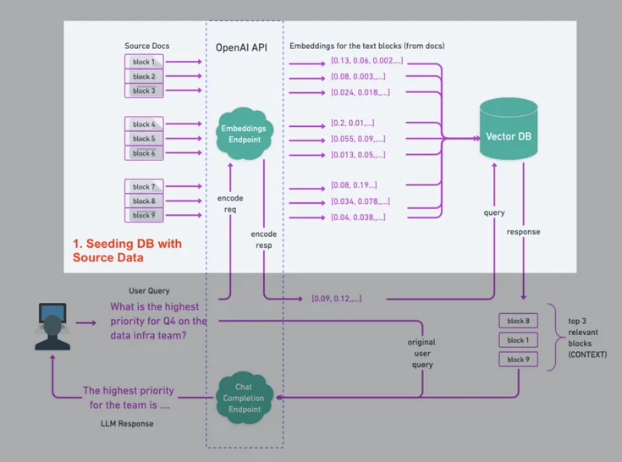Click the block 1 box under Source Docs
[x=144, y=62]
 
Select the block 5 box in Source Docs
[x=144, y=138]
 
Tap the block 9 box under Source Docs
[x=144, y=215]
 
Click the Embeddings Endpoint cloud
[x=244, y=134]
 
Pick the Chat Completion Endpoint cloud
[x=244, y=398]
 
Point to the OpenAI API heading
[x=241, y=47]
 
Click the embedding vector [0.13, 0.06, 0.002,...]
[x=367, y=61]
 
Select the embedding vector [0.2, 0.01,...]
[x=353, y=123]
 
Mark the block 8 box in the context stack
[x=517, y=321]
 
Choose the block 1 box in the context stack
[x=517, y=340]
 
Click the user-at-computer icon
[x=52, y=326]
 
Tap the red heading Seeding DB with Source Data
[x=127, y=250]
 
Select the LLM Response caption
[x=126, y=423]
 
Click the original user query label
[x=421, y=353]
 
